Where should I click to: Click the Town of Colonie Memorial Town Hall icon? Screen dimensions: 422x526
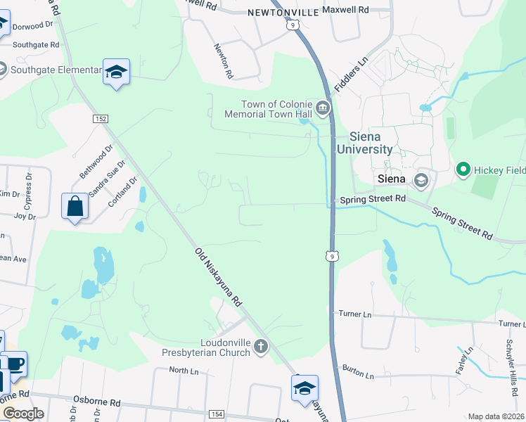coord(323,108)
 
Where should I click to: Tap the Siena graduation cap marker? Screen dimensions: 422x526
coord(421,180)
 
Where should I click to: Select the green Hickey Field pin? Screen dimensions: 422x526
coord(463,169)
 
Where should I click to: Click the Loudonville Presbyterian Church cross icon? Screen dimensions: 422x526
coord(261,346)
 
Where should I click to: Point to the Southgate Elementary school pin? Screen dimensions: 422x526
coord(116,72)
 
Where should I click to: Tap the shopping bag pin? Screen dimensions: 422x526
coord(75,207)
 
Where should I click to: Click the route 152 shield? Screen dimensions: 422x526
coord(100,119)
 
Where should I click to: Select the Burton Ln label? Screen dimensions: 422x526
coord(359,371)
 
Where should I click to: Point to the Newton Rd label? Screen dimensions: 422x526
coord(224,59)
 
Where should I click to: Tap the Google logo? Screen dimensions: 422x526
coord(23,414)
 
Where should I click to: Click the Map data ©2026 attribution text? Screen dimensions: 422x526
coord(496,416)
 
